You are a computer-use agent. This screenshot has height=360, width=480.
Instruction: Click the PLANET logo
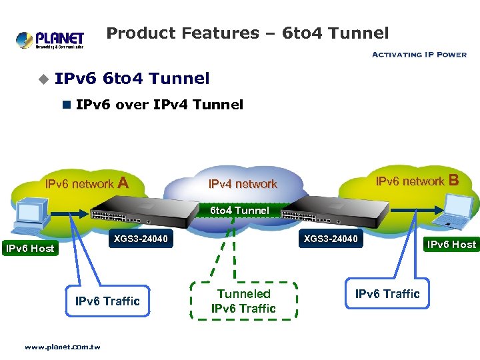(50, 40)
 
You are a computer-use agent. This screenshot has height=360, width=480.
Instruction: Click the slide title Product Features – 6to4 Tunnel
(247, 33)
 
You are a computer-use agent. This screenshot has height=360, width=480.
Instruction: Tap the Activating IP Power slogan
(419, 55)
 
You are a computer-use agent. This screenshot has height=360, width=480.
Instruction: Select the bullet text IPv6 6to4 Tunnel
(132, 79)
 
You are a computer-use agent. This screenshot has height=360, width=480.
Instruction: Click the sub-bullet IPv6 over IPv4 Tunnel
(159, 105)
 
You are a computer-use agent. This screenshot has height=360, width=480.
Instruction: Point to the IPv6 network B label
(417, 181)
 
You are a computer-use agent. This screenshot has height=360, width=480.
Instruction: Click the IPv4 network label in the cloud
(243, 184)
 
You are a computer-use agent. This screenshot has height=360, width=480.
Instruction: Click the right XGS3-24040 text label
(331, 239)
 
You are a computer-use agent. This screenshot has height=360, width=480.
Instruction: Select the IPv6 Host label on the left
(30, 249)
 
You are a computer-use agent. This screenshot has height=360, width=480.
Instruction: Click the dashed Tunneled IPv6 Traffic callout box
(243, 301)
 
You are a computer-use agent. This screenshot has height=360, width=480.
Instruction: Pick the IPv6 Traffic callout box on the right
(387, 294)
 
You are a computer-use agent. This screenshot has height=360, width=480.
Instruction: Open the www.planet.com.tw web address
(62, 347)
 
